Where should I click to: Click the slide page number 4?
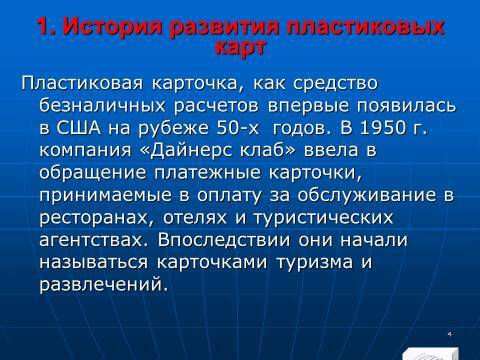pyautogui.click(x=451, y=332)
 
